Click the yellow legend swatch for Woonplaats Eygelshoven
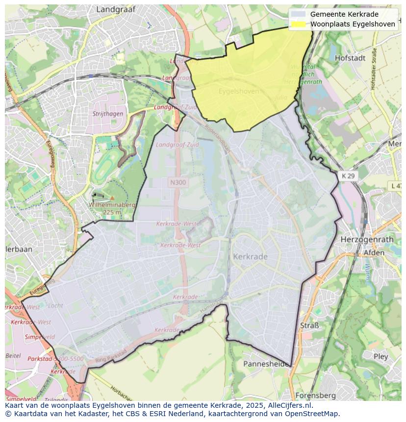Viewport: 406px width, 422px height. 298,24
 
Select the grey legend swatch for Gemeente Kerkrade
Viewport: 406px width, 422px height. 298,14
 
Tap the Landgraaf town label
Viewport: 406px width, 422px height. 116,9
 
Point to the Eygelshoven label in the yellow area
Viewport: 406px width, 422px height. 238,91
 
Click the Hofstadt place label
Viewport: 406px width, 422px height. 350,58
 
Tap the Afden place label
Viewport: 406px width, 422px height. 374,253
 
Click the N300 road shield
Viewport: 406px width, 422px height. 178,182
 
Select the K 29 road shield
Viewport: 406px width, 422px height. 349,175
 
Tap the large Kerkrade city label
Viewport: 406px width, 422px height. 250,257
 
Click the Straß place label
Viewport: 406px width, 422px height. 309,325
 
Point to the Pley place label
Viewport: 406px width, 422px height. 381,356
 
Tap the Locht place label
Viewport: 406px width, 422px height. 55,305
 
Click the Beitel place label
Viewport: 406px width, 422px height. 13,355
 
